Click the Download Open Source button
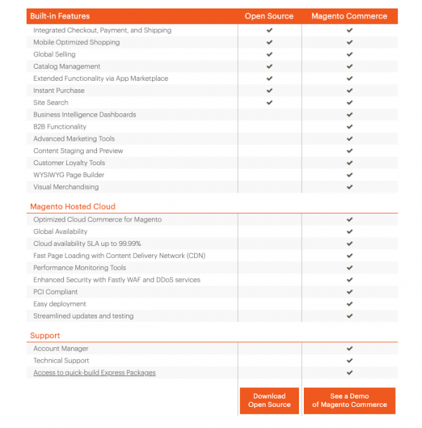[269, 400]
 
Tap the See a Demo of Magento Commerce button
[350, 400]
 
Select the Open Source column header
[269, 16]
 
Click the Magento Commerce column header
[350, 16]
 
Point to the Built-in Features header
[60, 16]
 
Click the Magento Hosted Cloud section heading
[72, 207]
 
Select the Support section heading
[45, 335]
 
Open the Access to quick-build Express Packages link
[94, 372]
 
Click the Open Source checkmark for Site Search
[269, 103]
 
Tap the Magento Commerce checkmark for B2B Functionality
[350, 127]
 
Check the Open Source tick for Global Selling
[269, 54]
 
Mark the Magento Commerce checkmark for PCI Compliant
[350, 292]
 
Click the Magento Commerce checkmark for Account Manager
[350, 349]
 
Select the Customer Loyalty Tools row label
[69, 162]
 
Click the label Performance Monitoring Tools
[79, 268]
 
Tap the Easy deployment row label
[60, 304]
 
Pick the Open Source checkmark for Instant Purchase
[269, 91]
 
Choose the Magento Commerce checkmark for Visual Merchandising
[350, 187]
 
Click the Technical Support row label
[61, 361]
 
